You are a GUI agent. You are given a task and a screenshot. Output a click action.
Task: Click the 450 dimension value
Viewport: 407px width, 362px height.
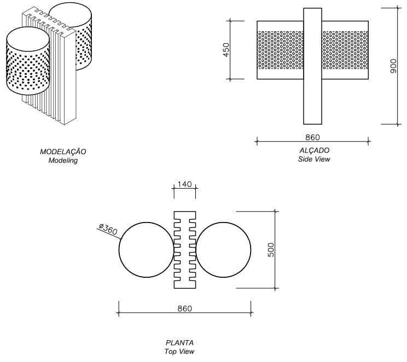tap(226, 49)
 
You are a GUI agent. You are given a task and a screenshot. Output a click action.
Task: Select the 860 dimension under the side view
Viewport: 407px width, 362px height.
tap(312, 137)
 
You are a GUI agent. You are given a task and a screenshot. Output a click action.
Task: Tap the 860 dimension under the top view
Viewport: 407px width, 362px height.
tap(185, 308)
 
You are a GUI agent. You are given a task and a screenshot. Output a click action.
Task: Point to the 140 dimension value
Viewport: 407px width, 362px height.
tap(185, 185)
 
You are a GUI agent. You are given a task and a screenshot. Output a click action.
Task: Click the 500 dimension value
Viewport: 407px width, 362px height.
tap(271, 249)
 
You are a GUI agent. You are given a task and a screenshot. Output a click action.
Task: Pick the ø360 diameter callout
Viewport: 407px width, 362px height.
tap(108, 229)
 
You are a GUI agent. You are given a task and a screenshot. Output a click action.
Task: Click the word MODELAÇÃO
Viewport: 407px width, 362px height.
tap(63, 151)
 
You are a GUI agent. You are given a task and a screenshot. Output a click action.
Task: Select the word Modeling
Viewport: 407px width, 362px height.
tap(63, 161)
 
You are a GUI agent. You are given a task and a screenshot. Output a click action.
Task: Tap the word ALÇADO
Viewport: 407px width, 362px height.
tap(315, 150)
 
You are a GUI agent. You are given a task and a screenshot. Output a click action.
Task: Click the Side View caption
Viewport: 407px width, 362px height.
tap(315, 160)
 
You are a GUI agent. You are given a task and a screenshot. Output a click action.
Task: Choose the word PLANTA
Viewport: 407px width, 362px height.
tap(180, 343)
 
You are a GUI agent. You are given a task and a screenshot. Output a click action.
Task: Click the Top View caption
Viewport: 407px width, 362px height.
tap(180, 352)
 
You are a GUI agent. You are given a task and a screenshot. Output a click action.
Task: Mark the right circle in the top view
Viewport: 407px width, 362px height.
tap(223, 249)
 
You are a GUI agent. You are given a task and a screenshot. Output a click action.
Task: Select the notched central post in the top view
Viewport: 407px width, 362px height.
tap(185, 249)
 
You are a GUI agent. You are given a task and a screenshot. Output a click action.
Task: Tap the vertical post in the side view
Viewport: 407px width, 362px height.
tap(312, 66)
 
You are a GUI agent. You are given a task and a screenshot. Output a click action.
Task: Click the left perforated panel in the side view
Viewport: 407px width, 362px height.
tap(280, 50)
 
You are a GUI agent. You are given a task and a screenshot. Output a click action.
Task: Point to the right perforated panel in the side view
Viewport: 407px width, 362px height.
tap(345, 50)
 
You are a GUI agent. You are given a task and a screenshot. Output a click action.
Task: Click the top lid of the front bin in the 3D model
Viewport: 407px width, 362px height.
tap(27, 38)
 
